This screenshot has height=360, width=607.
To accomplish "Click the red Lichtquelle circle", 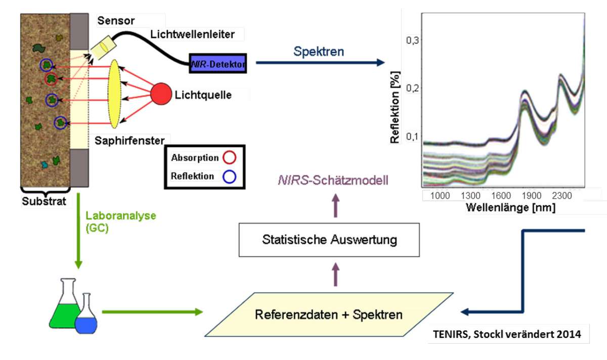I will point(161,95).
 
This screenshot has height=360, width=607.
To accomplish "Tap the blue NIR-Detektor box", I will point(218,64).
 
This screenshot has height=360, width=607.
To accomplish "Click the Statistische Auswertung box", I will point(329,239).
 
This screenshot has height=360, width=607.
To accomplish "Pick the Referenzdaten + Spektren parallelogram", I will point(329,314).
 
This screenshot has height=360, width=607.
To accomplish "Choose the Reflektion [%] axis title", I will point(396,108).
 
